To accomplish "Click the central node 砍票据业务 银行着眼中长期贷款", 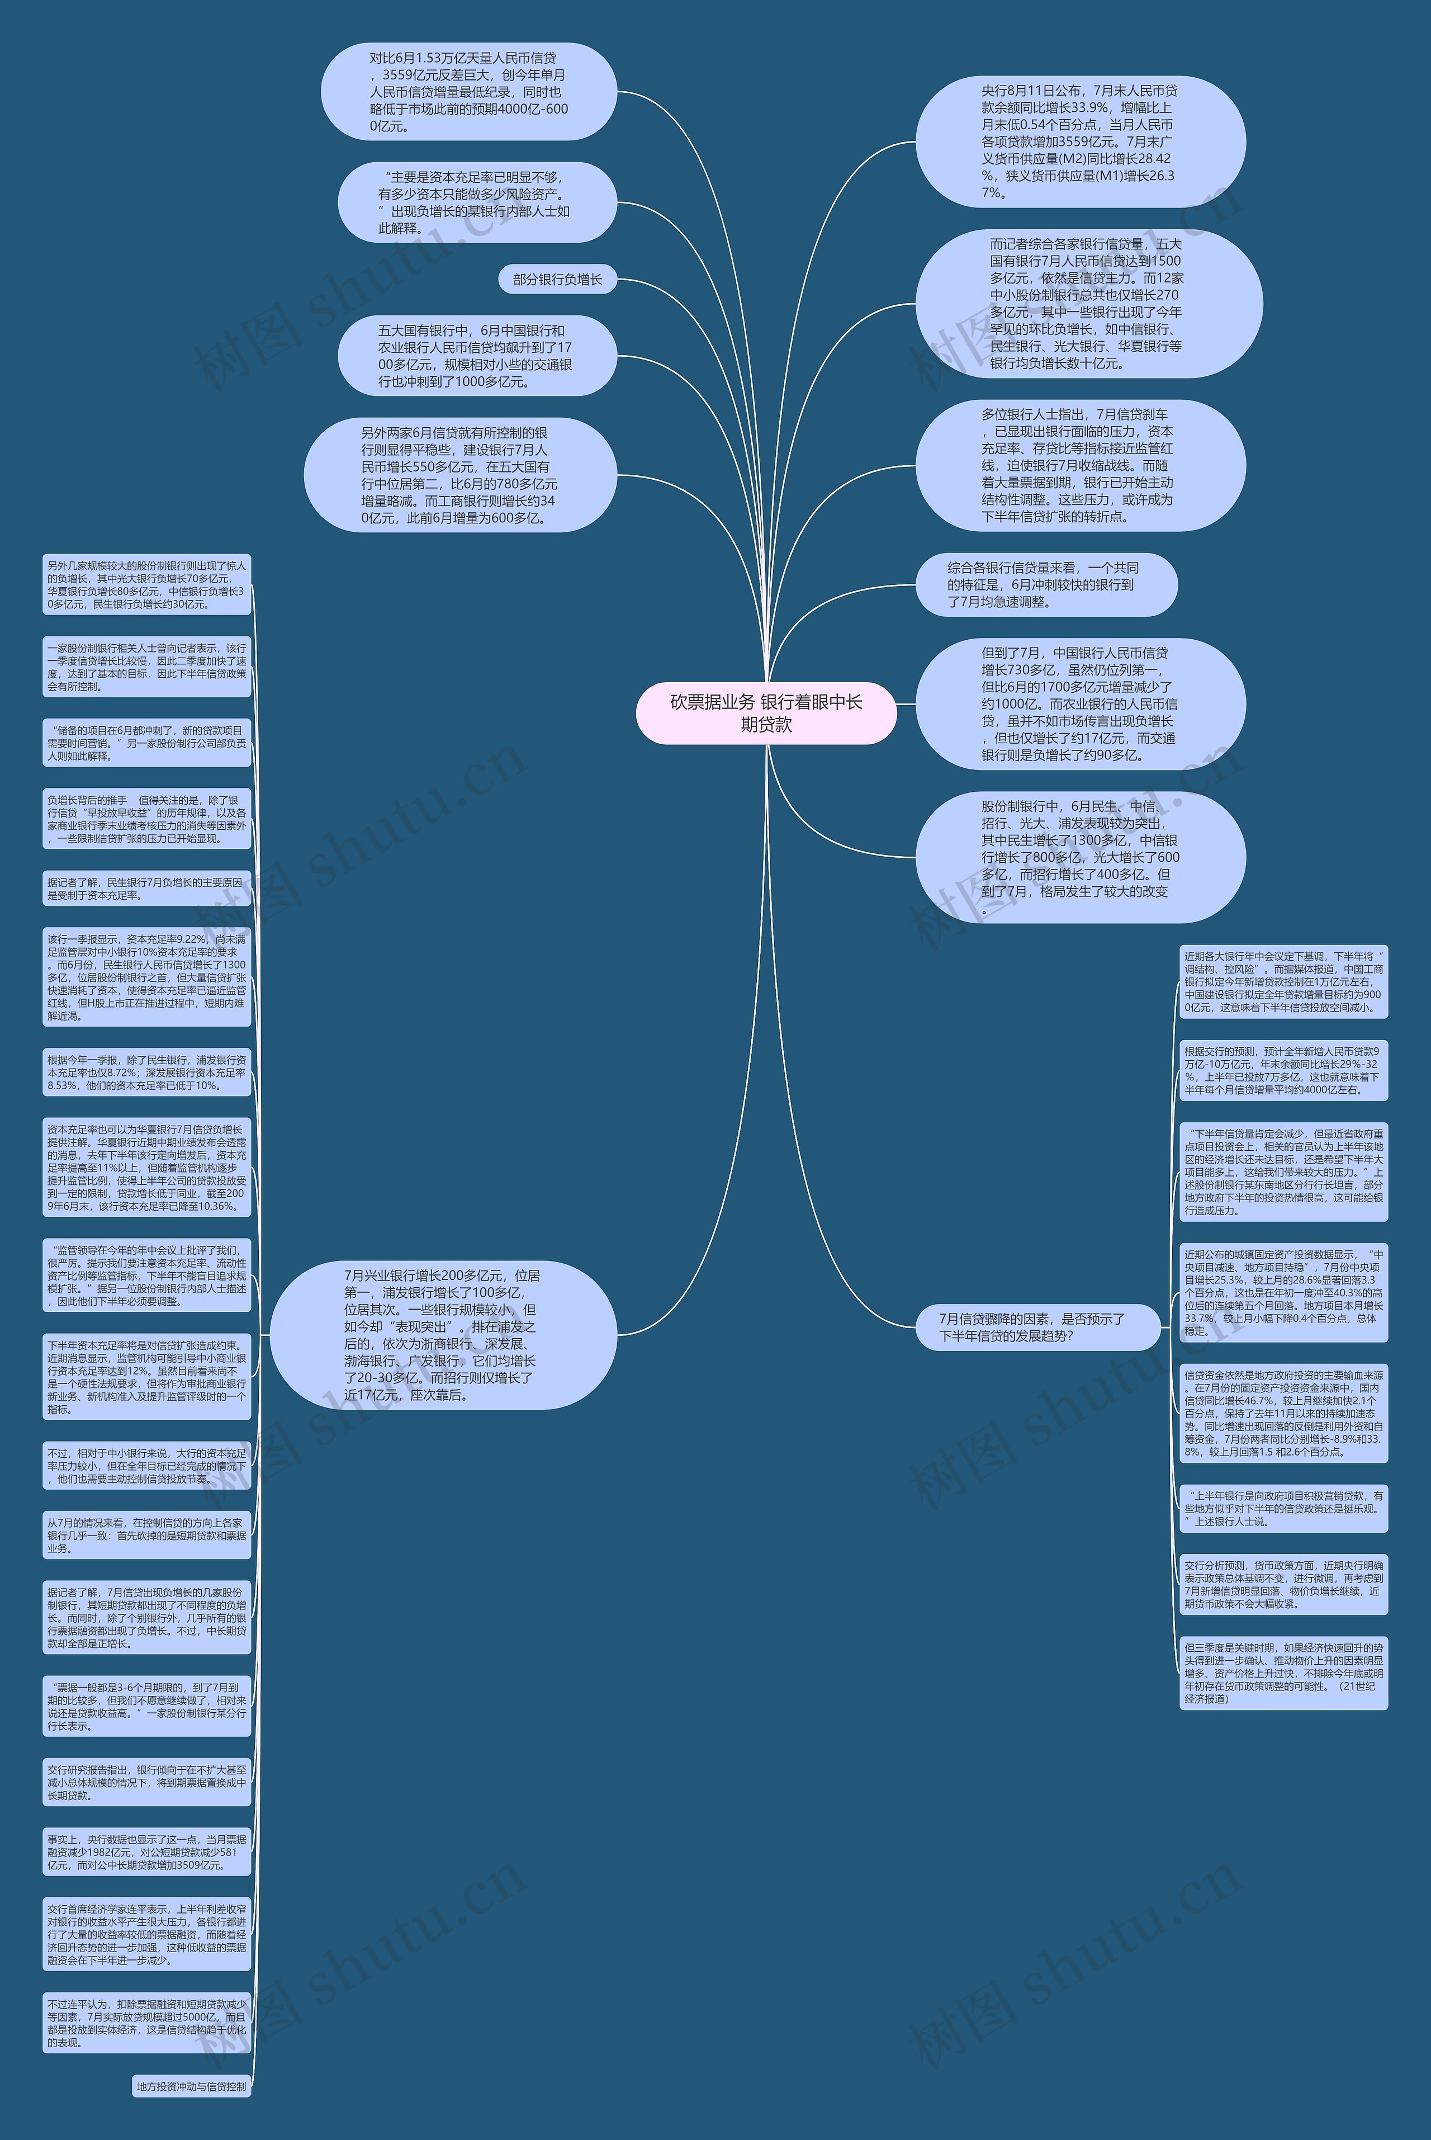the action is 766,713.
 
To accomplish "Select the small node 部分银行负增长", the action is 558,280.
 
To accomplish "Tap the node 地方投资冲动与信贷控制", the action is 192,2086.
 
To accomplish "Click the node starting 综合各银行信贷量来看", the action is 1046,584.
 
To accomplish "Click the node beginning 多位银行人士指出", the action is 1079,466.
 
